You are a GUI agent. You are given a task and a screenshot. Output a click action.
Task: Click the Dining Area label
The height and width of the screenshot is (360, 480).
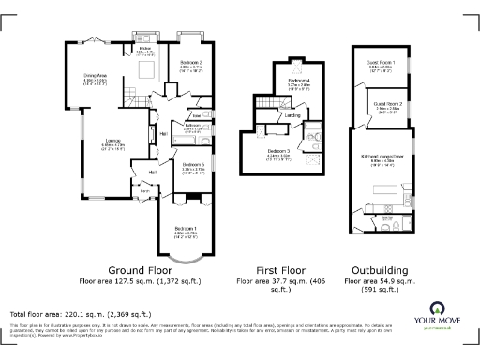pos(96,75)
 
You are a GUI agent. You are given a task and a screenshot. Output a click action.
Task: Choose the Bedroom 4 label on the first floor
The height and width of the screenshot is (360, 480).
pos(299,82)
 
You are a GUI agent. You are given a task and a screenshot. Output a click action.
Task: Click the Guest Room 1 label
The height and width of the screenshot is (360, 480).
pos(380,62)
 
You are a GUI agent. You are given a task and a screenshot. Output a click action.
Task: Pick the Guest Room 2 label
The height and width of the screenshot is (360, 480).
pos(387,103)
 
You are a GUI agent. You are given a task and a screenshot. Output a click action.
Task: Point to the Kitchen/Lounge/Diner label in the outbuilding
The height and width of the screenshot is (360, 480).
pos(383,157)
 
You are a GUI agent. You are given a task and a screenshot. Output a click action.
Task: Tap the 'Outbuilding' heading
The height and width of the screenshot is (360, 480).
pos(380,267)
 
